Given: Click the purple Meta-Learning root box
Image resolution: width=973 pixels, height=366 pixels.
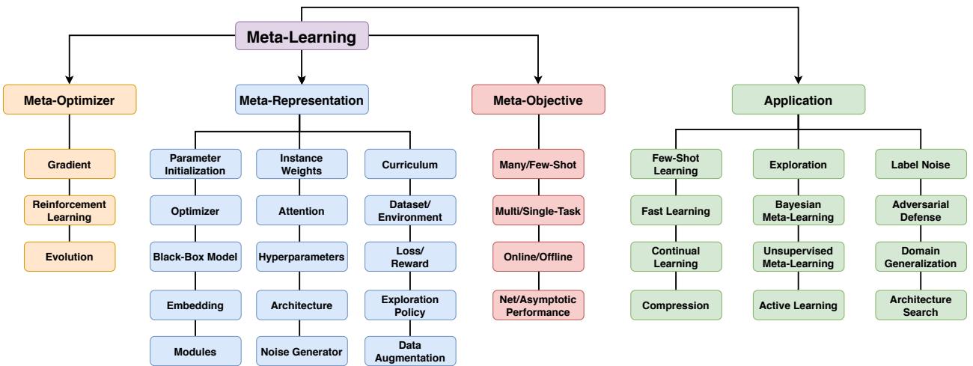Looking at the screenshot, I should coord(301,37).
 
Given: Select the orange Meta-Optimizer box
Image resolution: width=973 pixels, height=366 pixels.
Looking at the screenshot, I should coord(69,100).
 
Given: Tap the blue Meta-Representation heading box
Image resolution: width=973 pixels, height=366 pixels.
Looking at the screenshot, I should coord(301,100).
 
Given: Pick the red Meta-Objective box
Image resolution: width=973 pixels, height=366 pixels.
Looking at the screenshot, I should coord(537,100).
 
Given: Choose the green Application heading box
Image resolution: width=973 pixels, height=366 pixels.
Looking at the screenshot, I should coord(799,100).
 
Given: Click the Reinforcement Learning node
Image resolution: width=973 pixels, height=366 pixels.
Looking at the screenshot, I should coord(69,210).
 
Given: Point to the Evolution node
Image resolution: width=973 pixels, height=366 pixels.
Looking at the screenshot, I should coord(69,257).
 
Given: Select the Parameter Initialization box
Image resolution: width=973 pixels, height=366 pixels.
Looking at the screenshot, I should coord(195,164).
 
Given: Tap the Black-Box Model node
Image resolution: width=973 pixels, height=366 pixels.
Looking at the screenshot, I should coord(195,257).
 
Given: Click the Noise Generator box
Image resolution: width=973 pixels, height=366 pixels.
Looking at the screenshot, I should coord(301,350).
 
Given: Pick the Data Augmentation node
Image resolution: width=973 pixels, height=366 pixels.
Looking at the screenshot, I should coord(410,350).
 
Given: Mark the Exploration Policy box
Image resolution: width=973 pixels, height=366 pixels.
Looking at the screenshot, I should coord(410,303).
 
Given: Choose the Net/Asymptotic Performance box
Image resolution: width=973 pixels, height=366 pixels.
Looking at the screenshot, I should coord(537,303).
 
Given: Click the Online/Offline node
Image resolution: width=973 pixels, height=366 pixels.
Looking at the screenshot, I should coord(537,257).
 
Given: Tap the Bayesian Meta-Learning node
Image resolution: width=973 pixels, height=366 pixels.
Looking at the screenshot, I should coord(799,210).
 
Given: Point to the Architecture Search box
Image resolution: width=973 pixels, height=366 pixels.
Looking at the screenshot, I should coord(921,303).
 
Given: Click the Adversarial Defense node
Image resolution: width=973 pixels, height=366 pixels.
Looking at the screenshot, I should coord(921,210).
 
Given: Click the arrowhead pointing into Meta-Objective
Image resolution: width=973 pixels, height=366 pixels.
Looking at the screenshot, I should coord(537,79).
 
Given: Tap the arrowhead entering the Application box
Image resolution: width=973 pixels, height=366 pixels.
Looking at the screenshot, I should coord(799,79).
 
